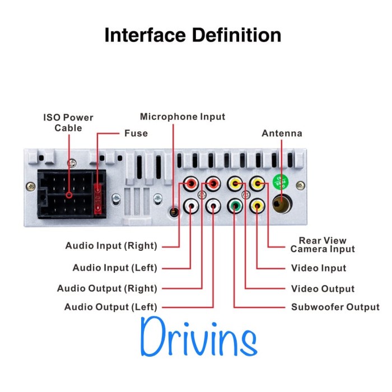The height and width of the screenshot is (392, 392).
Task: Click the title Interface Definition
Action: point(193,35)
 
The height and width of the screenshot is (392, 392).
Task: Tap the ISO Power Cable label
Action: point(68,123)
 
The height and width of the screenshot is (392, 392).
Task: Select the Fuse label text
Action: point(136,133)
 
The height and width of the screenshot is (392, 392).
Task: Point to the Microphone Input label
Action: point(182,116)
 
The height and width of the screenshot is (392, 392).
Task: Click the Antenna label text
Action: point(282,133)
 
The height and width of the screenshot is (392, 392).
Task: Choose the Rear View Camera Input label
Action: point(322,245)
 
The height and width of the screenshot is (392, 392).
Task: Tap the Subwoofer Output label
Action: point(335,307)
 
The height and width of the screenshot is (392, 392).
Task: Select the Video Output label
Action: point(323,289)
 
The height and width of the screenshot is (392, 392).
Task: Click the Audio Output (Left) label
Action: point(111,307)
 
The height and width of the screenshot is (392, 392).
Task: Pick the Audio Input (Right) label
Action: point(111,246)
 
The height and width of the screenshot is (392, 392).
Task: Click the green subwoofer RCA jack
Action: point(235,206)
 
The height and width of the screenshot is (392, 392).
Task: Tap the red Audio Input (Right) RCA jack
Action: point(191,184)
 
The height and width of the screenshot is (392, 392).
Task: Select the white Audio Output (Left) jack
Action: point(213,206)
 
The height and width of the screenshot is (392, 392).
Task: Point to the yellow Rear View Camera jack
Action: point(257,183)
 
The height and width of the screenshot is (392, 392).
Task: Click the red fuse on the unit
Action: point(99,198)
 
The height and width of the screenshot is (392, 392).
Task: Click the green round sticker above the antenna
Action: point(280,183)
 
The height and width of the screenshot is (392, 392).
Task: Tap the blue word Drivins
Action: point(199,337)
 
